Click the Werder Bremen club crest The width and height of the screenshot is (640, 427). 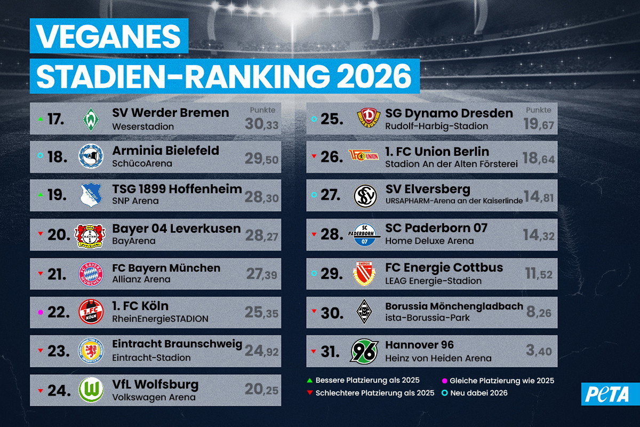pyautogui.click(x=91, y=119)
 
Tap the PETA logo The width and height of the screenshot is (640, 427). pyautogui.click(x=610, y=394)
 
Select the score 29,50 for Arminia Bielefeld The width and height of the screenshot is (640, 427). pyautogui.click(x=261, y=159)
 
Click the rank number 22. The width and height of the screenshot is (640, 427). pyautogui.click(x=59, y=312)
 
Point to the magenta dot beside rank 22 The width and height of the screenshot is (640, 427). pyautogui.click(x=41, y=313)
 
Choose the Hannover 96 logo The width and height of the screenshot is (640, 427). pyautogui.click(x=364, y=351)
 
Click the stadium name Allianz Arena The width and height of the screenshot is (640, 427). pyautogui.click(x=141, y=279)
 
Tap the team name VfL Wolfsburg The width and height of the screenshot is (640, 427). pyautogui.click(x=155, y=384)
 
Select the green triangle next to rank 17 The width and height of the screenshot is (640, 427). pyautogui.click(x=41, y=119)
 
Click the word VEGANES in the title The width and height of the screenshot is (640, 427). pyautogui.click(x=109, y=36)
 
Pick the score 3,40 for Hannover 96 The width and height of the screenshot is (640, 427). pyautogui.click(x=539, y=351)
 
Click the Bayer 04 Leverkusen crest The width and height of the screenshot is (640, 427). pyautogui.click(x=90, y=236)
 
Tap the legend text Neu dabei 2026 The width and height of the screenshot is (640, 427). pyautogui.click(x=479, y=393)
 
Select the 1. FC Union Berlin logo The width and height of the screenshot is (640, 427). pyautogui.click(x=364, y=155)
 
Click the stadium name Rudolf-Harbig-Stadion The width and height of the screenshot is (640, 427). pyautogui.click(x=436, y=126)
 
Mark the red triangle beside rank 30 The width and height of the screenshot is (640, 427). pyautogui.click(x=314, y=311)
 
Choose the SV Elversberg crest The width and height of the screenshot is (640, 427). pyautogui.click(x=365, y=196)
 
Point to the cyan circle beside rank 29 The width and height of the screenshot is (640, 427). pyautogui.click(x=314, y=273)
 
